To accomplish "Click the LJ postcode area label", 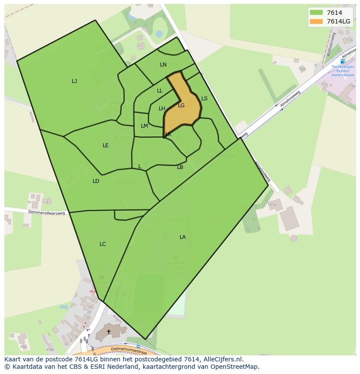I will click(x=74, y=81).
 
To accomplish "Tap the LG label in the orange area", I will click(x=181, y=106).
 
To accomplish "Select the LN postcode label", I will click(x=163, y=65).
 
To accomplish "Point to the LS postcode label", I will click(x=204, y=99).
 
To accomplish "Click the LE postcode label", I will click(x=106, y=146).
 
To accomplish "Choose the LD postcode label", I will click(x=96, y=181).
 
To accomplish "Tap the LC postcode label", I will click(x=103, y=244).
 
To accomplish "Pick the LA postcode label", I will click(x=183, y=237).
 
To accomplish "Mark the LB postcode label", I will click(x=180, y=167).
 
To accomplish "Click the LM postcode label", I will click(x=144, y=126).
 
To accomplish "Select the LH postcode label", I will click(x=162, y=109).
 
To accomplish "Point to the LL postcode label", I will click(x=160, y=91).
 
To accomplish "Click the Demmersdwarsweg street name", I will click(x=47, y=213).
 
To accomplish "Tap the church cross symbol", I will click(x=109, y=332).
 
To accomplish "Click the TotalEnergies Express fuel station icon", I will click(x=343, y=61).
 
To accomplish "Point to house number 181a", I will click(x=272, y=204).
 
